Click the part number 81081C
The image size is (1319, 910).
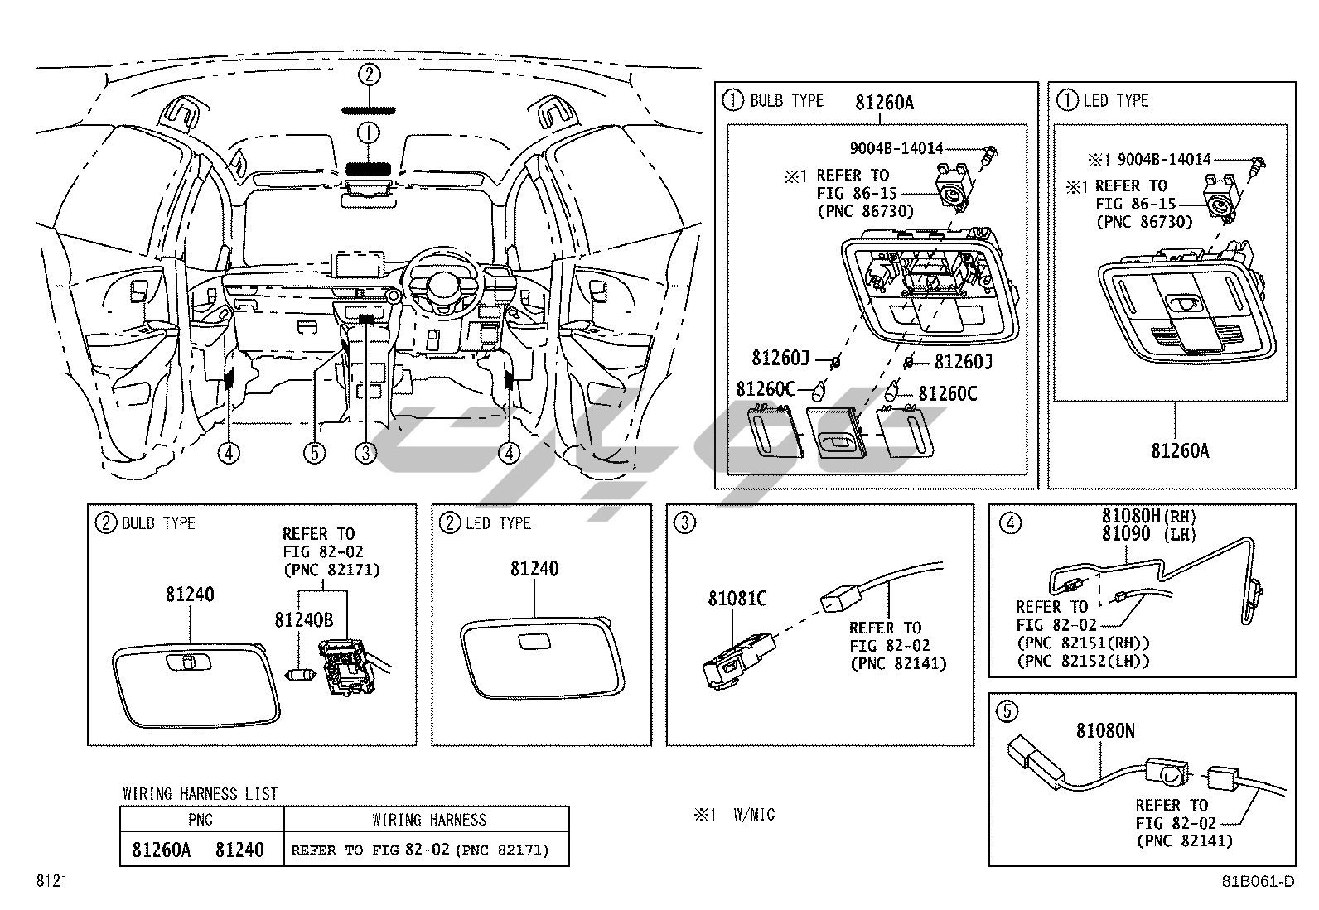tap(737, 598)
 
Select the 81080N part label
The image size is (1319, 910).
tap(1105, 731)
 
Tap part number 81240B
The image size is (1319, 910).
tap(303, 619)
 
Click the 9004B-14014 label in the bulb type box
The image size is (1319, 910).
tap(896, 149)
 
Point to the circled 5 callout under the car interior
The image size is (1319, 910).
tap(314, 453)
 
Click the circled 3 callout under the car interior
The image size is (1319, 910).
tap(365, 453)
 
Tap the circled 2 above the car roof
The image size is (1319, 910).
tap(370, 75)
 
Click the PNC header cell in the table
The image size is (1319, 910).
tap(201, 820)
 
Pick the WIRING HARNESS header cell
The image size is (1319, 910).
tap(428, 820)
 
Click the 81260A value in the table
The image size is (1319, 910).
tap(162, 850)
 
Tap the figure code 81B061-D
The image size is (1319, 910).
tap(1257, 882)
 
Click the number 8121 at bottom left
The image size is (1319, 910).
tap(51, 882)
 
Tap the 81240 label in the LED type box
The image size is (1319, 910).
tap(534, 569)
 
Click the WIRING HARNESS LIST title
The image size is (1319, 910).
tap(201, 794)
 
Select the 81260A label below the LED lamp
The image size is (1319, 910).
tap(1180, 451)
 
